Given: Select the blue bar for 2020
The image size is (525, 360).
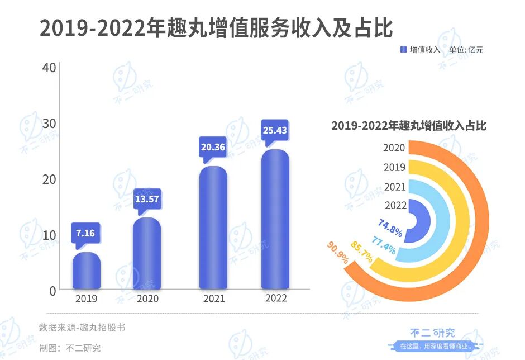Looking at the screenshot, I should click(x=146, y=254).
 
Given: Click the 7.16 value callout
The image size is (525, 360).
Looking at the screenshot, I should click(x=85, y=233).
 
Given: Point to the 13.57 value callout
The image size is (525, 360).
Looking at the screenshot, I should click(x=147, y=198).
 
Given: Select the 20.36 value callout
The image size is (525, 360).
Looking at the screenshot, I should click(x=213, y=147).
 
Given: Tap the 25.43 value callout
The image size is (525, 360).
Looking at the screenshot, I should click(x=275, y=130).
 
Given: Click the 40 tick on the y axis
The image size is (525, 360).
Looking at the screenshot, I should click(x=49, y=68).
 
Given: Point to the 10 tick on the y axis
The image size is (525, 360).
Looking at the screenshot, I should click(x=49, y=235).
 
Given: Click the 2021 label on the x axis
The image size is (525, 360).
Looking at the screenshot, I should click(x=213, y=299).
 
